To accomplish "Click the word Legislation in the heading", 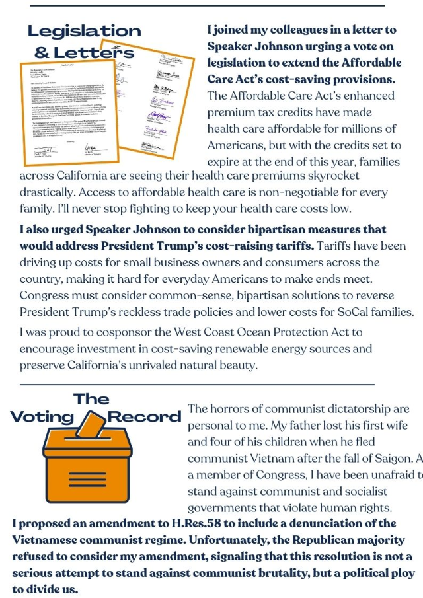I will tap(84, 31).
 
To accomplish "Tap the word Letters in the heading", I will tap(93, 52).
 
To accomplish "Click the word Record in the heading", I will tap(144, 417).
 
